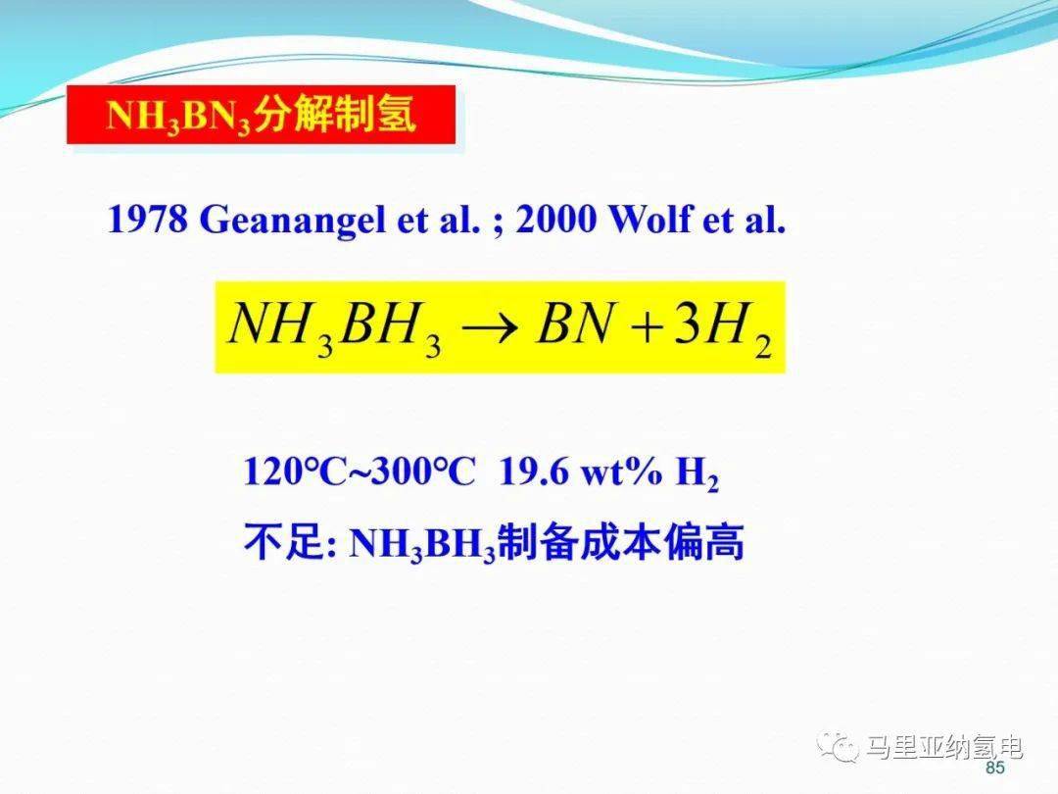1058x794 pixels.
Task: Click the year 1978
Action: tap(148, 219)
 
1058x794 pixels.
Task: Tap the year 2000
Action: tap(556, 219)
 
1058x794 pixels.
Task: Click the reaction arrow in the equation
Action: tap(490, 328)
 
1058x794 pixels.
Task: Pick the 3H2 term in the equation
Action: tap(723, 328)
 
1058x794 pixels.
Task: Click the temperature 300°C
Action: tap(423, 471)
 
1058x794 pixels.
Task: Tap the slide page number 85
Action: tap(995, 768)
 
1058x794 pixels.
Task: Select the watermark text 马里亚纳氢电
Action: tap(944, 747)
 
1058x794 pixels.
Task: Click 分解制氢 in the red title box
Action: tap(335, 114)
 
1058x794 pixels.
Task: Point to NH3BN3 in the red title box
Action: tap(179, 116)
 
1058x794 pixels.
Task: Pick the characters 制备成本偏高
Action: tap(621, 541)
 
